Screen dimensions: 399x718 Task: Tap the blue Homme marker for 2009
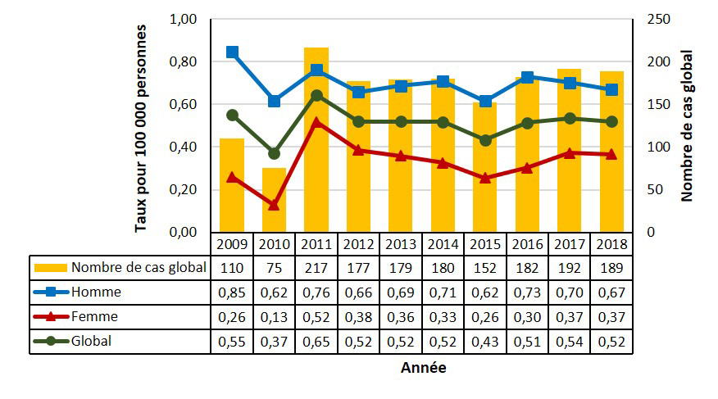coord(232,52)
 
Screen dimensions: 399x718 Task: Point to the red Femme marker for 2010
coord(275,205)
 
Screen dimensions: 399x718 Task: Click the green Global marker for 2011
coord(316,95)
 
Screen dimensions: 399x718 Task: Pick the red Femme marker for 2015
coord(485,178)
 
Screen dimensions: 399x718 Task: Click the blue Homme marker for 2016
coord(527,77)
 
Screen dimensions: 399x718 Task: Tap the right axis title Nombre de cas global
coord(687,125)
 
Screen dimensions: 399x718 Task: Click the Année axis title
coord(423,369)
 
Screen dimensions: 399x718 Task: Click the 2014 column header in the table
coord(443,244)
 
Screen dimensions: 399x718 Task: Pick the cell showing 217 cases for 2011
coord(316,268)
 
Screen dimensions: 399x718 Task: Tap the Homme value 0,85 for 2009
coord(232,292)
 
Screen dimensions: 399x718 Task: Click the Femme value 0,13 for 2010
coord(275,317)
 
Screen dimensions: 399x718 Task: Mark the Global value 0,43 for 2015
coord(485,342)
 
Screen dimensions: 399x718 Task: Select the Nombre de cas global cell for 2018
coord(611,268)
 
